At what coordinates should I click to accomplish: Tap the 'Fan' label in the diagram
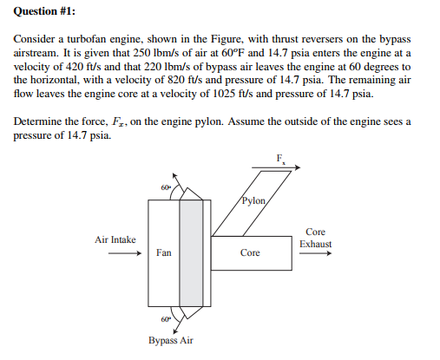(164, 253)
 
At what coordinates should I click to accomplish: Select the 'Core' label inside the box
(250, 253)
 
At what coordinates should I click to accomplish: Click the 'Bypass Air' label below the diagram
(170, 340)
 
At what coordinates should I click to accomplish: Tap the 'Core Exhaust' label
(315, 239)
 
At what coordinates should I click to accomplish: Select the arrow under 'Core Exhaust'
(315, 254)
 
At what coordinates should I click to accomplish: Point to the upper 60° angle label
(165, 187)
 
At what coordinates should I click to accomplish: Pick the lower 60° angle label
(166, 320)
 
